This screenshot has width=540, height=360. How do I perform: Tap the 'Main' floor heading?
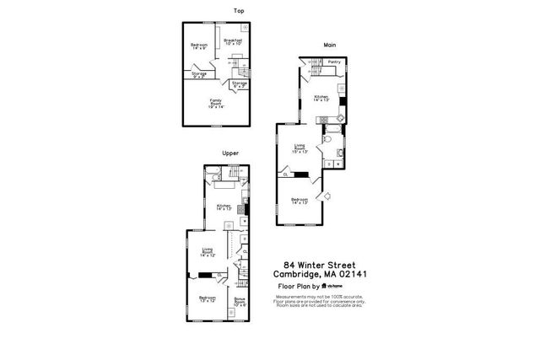pyautogui.click(x=331, y=46)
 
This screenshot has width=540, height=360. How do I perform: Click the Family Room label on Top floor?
pyautogui.click(x=216, y=104)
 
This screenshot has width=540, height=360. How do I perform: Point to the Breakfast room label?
pyautogui.click(x=233, y=41)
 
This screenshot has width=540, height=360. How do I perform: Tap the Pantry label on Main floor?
pyautogui.click(x=334, y=62)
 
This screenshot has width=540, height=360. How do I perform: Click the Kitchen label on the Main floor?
pyautogui.click(x=321, y=98)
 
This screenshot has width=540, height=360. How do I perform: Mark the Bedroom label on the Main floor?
pyautogui.click(x=299, y=201)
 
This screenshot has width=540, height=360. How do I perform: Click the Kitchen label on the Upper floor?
pyautogui.click(x=224, y=207)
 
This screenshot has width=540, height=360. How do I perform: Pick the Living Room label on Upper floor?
pyautogui.click(x=208, y=251)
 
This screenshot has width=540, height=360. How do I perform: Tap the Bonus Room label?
pyautogui.click(x=240, y=301)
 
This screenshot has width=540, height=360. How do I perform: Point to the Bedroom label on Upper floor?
pyautogui.click(x=207, y=299)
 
